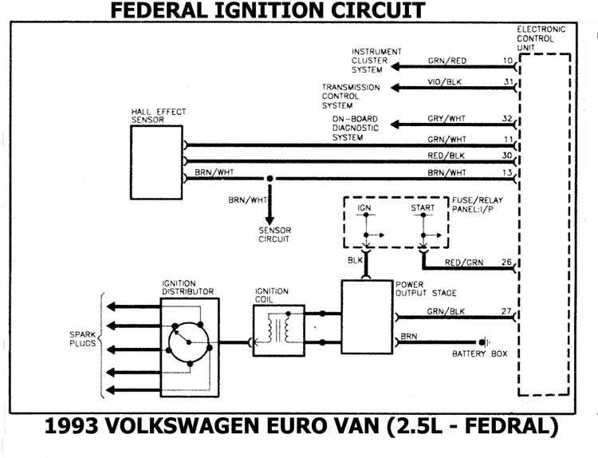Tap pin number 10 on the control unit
508,60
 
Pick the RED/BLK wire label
447,155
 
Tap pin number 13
508,172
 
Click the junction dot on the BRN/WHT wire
270,178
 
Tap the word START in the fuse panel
423,208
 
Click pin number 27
508,311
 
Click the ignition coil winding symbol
279,328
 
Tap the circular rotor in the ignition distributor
188,342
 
